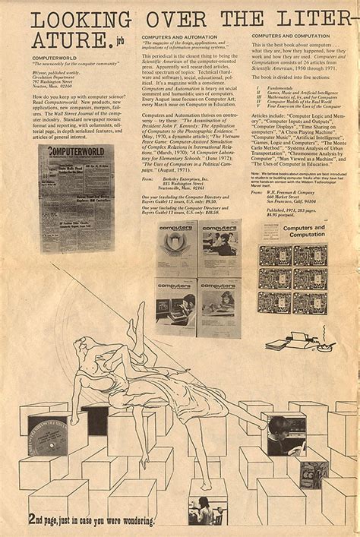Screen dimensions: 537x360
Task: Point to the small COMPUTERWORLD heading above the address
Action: click(x=54, y=58)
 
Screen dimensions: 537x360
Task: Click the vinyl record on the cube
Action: click(x=48, y=435)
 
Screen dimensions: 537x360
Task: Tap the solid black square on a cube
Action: click(x=95, y=419)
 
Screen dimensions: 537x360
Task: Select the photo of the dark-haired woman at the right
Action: click(x=286, y=434)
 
